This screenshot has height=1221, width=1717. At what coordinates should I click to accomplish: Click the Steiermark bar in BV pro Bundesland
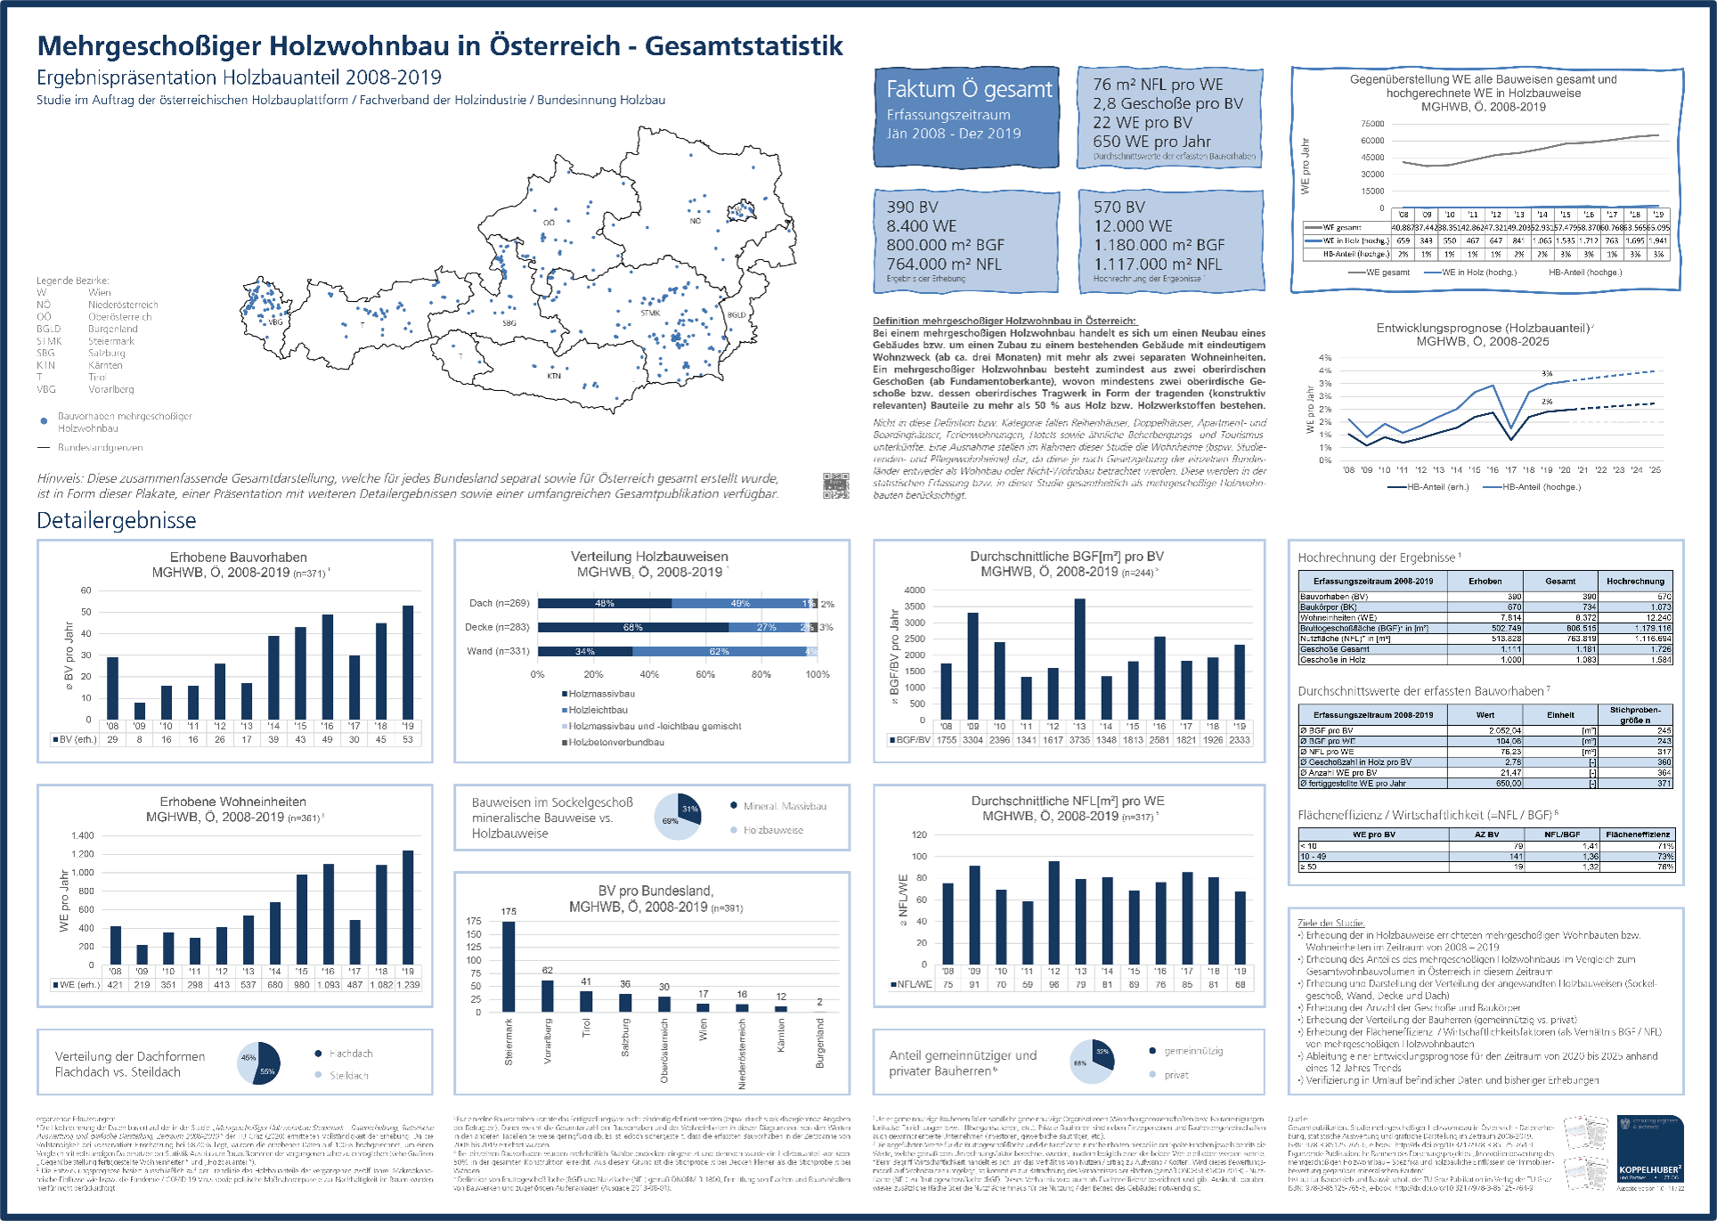(x=509, y=966)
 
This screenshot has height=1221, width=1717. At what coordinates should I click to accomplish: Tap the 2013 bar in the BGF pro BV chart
(x=1079, y=659)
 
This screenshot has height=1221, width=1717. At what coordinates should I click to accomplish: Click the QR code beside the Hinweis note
(x=835, y=485)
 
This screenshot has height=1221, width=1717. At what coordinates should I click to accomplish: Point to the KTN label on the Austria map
(x=554, y=376)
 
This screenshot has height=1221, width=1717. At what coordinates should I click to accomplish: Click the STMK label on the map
(x=650, y=313)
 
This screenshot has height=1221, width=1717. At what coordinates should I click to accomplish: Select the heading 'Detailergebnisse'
(x=117, y=521)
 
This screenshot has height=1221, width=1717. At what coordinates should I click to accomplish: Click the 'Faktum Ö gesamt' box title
(x=969, y=90)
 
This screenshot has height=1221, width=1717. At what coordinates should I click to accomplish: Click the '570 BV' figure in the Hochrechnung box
(x=1119, y=207)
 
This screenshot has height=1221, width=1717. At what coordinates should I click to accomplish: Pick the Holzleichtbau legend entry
(x=598, y=710)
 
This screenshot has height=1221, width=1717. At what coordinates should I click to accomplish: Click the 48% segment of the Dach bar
(x=605, y=604)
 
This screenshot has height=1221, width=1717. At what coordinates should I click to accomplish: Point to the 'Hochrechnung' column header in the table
(x=1635, y=581)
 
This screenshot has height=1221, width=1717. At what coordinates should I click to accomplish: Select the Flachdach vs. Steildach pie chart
(x=258, y=1063)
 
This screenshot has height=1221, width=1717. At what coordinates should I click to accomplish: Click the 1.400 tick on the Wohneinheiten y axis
(x=83, y=835)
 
